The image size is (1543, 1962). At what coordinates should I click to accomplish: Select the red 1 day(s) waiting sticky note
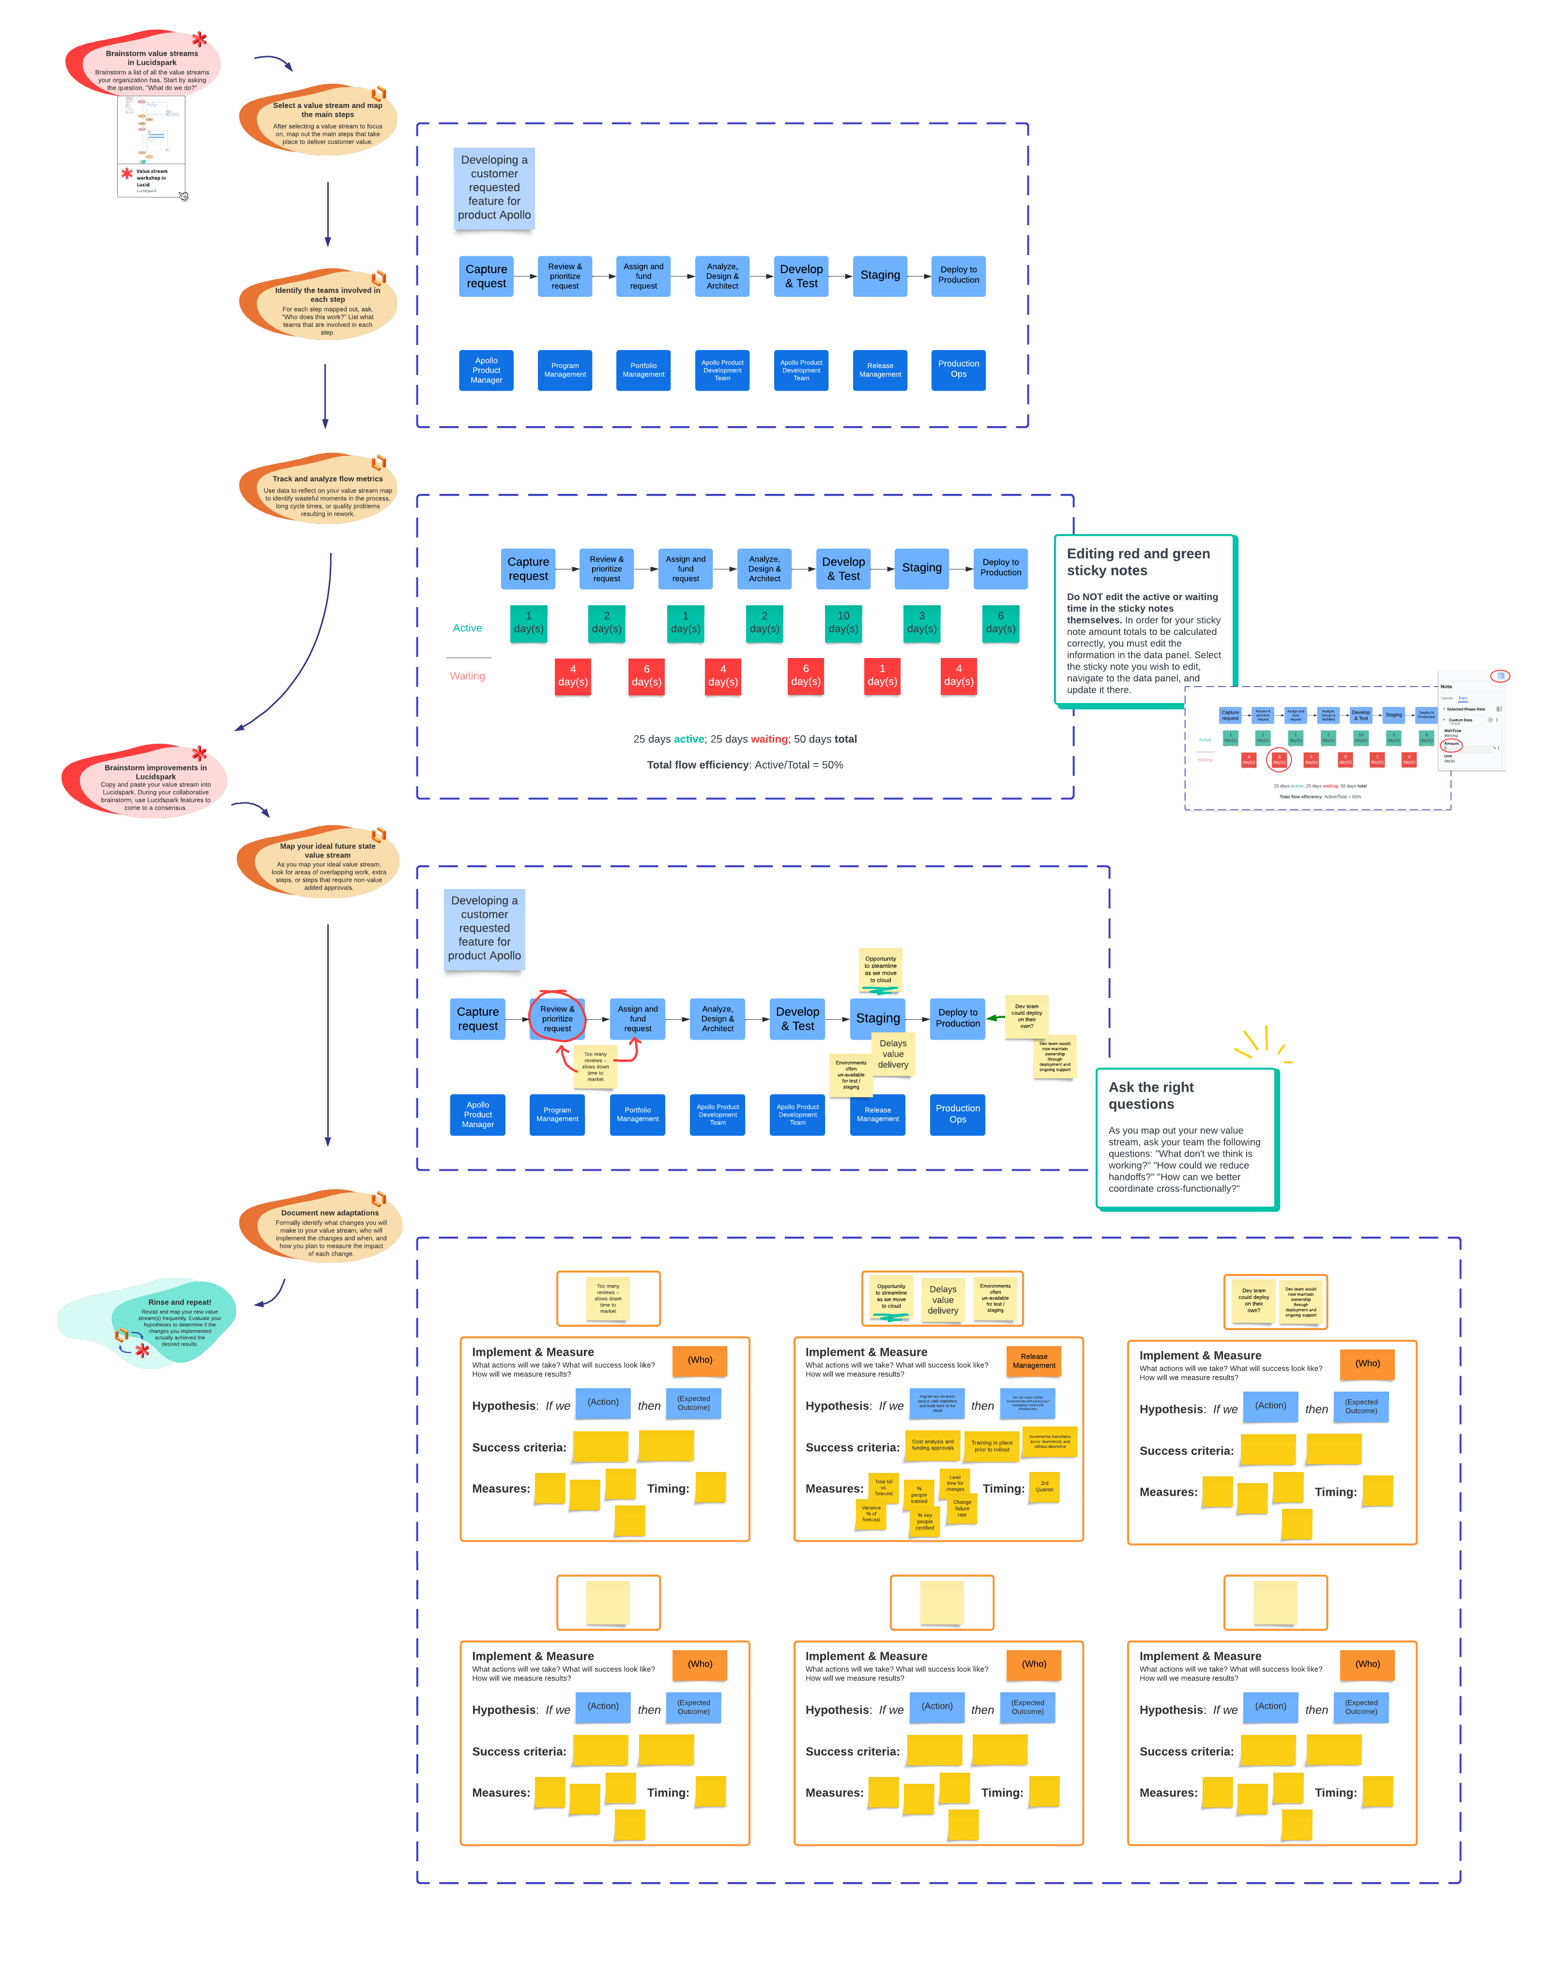point(882,675)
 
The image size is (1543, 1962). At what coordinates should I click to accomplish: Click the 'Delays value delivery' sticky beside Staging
point(893,1053)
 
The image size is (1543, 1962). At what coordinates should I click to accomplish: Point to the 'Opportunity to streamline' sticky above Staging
point(880,969)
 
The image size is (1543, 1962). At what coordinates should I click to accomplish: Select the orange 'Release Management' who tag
point(1034,1361)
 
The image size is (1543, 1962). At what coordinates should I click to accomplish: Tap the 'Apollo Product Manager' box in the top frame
point(486,369)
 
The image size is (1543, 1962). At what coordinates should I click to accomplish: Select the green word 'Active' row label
point(467,628)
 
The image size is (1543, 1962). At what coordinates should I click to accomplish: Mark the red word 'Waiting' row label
point(467,675)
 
